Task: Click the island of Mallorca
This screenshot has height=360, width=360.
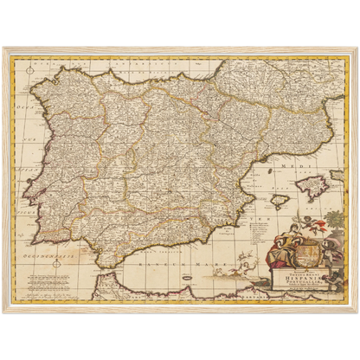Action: click(x=312, y=184)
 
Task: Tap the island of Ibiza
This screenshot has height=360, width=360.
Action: click(x=279, y=201)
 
